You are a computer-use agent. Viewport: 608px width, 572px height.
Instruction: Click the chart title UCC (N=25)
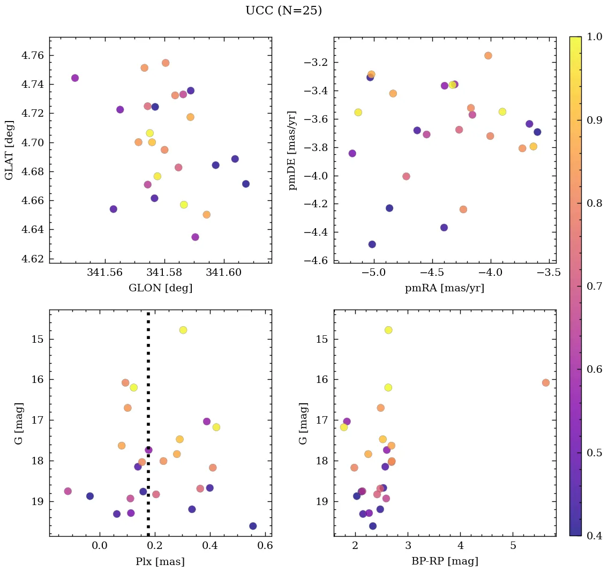click(283, 11)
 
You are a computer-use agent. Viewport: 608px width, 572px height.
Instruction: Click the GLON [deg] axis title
click(160, 288)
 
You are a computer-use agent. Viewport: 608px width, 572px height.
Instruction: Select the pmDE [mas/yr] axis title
click(292, 150)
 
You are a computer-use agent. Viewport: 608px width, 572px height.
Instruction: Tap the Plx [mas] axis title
click(160, 561)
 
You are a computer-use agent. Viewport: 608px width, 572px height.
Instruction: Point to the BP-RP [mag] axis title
click(444, 561)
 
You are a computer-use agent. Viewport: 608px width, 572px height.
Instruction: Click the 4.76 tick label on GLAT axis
click(33, 56)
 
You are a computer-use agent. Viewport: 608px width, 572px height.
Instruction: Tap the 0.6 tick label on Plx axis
click(265, 546)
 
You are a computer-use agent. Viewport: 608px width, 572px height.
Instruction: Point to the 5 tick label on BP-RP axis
click(513, 546)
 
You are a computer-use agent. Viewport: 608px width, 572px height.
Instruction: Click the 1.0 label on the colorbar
click(594, 36)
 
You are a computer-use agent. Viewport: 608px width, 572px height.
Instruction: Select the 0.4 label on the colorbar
click(594, 536)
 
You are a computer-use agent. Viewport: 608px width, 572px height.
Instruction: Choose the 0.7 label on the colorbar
click(594, 286)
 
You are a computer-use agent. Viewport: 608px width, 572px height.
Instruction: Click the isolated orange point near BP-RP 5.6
click(545, 382)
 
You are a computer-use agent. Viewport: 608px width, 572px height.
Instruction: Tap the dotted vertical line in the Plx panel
click(148, 428)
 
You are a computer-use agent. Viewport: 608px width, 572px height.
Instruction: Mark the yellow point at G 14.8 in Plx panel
click(183, 330)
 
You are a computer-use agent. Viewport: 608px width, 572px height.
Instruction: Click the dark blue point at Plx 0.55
click(253, 526)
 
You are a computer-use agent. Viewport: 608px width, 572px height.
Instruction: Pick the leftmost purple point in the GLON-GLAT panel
click(75, 78)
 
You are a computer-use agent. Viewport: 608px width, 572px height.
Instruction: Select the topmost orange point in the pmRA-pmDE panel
click(488, 56)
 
